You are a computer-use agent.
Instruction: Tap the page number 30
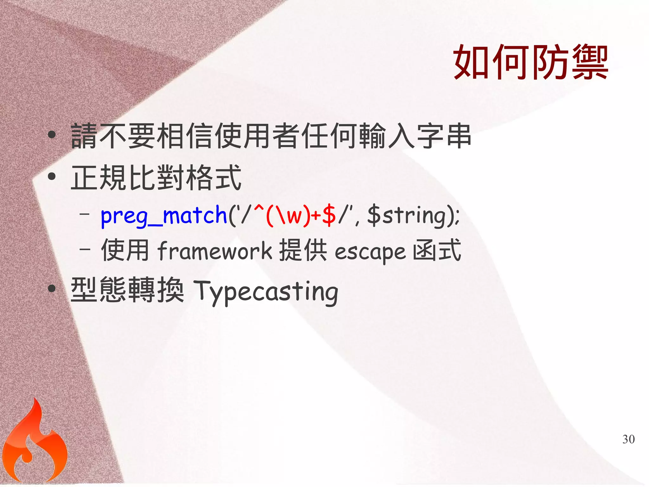(628, 439)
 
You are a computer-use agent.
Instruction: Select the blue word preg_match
(164, 216)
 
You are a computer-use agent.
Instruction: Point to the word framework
(215, 251)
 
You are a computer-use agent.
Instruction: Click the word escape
(370, 252)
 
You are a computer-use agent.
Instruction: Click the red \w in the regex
(290, 216)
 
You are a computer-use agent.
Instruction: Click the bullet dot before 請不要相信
(52, 135)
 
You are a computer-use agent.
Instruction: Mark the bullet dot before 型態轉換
(52, 288)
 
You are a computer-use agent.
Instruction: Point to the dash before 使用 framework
(85, 249)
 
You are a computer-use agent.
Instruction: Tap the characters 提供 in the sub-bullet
(303, 250)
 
